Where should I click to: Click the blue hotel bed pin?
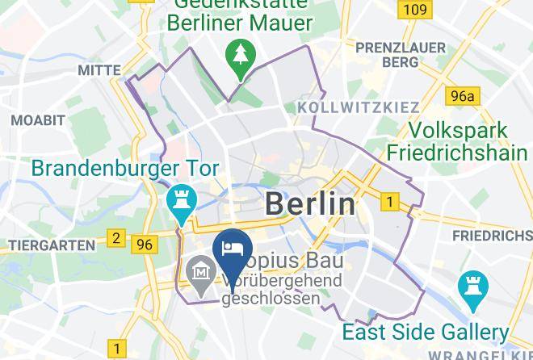coord(233,249)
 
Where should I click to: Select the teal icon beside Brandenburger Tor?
coord(178,200)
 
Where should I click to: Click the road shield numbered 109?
coord(414,10)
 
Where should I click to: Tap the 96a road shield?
coord(464,97)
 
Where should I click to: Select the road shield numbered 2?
coord(116,238)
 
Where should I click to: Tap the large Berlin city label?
coord(310,204)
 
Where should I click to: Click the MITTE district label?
coord(99,71)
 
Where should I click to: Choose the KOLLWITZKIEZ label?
coord(359,107)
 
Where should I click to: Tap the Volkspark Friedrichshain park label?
coord(457,141)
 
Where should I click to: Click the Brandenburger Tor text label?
coord(125,170)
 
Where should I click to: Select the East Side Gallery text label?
coord(425,332)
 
